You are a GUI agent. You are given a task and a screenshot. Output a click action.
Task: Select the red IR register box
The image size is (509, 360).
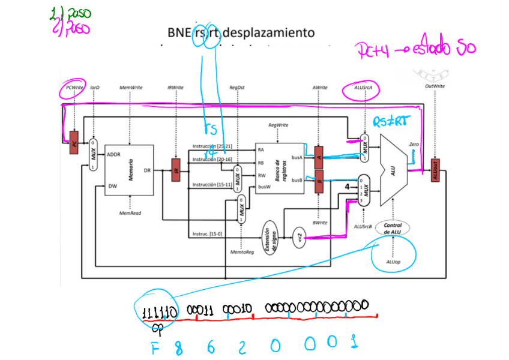click(x=176, y=170)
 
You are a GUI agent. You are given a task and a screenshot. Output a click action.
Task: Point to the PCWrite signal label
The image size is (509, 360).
click(x=74, y=88)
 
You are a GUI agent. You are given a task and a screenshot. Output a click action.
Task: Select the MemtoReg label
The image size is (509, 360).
click(x=242, y=252)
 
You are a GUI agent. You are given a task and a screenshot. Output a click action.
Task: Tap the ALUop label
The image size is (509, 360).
click(x=393, y=262)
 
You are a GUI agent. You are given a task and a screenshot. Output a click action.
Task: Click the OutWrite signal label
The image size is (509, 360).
click(x=435, y=87)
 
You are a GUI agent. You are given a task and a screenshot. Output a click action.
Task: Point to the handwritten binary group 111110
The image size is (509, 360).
click(x=159, y=311)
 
